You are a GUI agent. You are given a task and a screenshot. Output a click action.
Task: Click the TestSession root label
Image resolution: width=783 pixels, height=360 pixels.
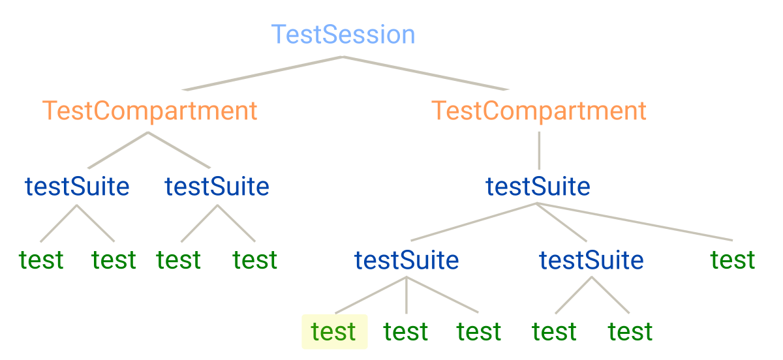343,35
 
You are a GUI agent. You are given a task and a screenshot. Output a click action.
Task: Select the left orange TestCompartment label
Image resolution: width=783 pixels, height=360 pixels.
149,111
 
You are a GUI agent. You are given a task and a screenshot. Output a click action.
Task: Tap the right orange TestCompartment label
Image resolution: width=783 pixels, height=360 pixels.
539,111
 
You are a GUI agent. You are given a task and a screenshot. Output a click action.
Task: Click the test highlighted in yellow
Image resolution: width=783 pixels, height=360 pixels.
334,331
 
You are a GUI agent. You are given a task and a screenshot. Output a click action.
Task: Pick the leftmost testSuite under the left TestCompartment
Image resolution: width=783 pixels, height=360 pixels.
77,187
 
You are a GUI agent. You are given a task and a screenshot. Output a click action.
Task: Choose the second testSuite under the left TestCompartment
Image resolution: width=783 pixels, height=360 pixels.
217,187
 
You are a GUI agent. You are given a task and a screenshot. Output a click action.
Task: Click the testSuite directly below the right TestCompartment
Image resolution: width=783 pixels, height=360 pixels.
538,187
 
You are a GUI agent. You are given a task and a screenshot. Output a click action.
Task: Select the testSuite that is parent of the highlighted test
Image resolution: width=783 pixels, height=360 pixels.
407,260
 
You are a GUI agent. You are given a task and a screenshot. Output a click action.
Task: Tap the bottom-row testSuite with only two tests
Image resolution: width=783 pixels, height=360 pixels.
591,260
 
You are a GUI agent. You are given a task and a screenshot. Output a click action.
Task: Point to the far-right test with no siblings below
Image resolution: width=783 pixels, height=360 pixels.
733,260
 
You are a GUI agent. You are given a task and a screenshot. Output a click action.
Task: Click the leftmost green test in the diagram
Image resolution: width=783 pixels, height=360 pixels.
41,260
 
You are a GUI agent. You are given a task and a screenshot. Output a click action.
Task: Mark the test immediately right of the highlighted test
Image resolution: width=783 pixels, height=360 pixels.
406,331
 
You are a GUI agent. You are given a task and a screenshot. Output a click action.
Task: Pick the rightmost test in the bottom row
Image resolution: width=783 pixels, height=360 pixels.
630,331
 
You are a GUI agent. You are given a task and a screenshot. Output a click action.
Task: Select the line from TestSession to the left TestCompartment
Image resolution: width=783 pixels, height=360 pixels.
261,73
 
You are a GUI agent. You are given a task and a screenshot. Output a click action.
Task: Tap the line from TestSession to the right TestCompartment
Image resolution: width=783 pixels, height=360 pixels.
424,73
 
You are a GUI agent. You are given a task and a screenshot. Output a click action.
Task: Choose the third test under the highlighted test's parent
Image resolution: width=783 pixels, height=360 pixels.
479,331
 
